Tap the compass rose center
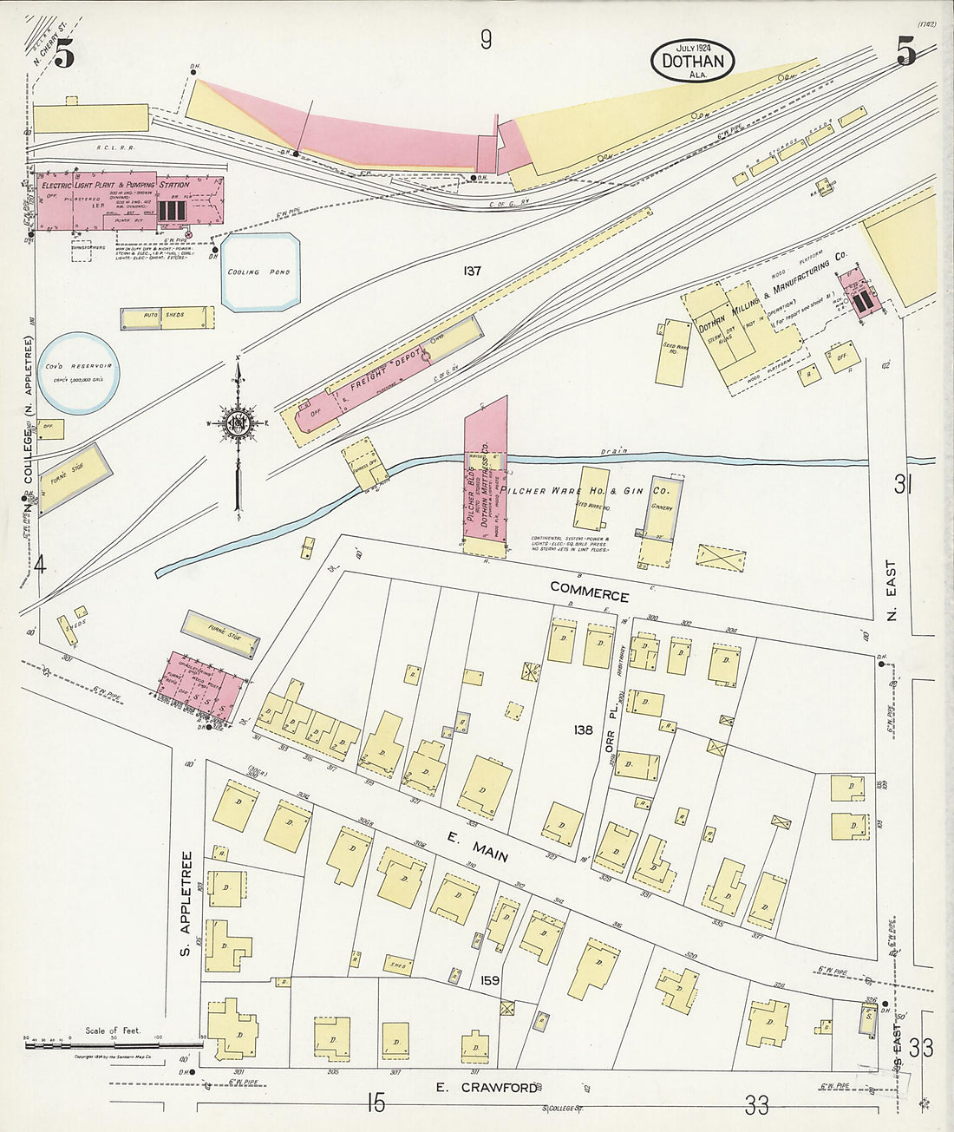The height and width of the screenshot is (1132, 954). click(x=237, y=422)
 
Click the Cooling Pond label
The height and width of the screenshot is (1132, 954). click(x=258, y=272)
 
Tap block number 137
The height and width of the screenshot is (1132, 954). click(x=472, y=272)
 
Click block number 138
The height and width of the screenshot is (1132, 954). click(x=583, y=730)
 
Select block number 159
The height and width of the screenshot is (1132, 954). click(x=489, y=981)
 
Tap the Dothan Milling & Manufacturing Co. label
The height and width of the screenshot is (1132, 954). click(x=772, y=295)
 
